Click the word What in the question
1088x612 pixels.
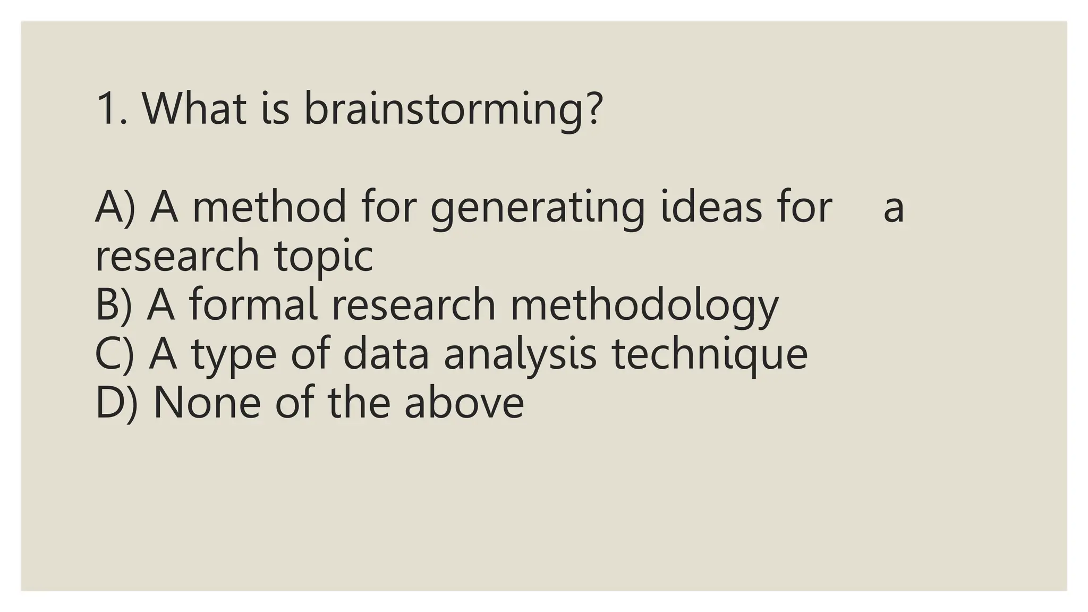pos(194,109)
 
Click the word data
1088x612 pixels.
pos(386,354)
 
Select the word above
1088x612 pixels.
pos(464,403)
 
